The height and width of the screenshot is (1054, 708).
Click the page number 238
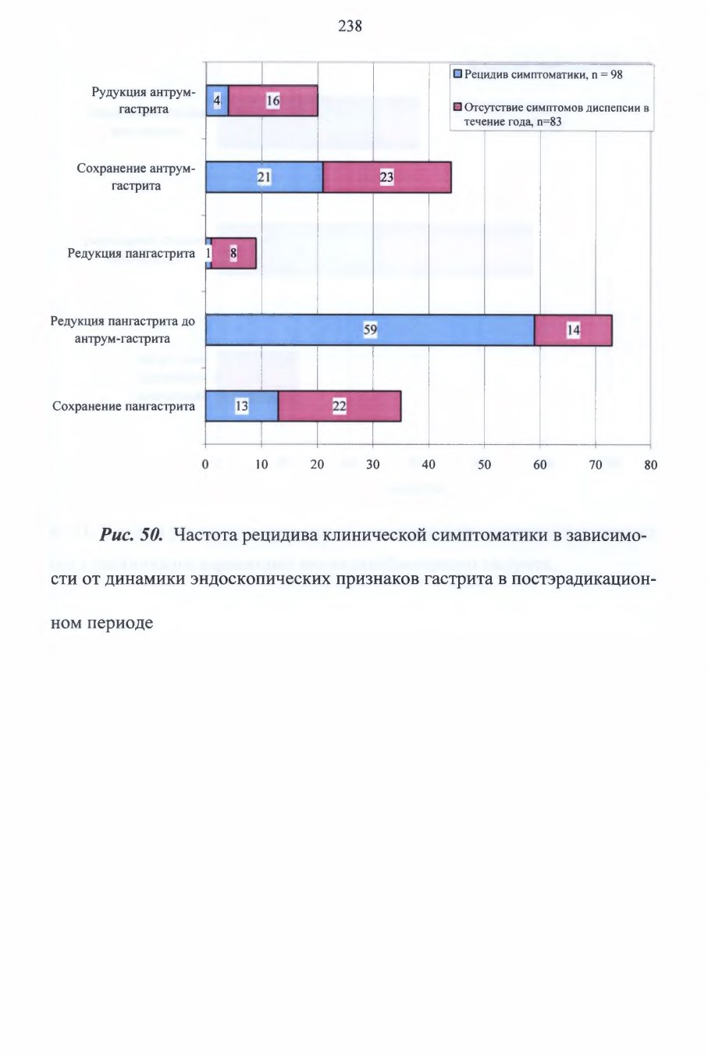click(x=350, y=27)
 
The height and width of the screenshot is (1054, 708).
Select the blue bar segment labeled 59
click(x=370, y=329)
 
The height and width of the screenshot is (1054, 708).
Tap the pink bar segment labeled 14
click(x=573, y=329)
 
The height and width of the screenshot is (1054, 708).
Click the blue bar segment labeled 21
click(x=265, y=177)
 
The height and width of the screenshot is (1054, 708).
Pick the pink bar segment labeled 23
click(x=387, y=177)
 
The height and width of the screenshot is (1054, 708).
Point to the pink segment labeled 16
click(x=273, y=101)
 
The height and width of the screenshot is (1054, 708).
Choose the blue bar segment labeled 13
click(x=242, y=406)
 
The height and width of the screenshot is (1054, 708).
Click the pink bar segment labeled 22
click(x=340, y=406)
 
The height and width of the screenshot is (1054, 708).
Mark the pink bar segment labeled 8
click(x=234, y=253)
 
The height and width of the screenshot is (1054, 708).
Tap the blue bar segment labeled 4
click(x=217, y=101)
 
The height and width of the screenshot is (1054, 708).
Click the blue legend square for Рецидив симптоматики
click(x=457, y=74)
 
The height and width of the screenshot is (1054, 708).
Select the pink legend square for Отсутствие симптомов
click(x=457, y=108)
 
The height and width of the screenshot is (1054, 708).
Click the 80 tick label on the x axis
click(x=650, y=465)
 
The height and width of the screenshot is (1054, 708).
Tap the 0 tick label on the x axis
click(x=205, y=465)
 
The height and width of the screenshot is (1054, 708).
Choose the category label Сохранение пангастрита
click(x=123, y=406)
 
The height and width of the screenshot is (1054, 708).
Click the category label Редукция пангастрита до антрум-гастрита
click(x=123, y=329)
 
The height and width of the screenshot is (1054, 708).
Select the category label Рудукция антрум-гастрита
click(x=144, y=101)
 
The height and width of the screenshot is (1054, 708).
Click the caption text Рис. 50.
click(x=131, y=535)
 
